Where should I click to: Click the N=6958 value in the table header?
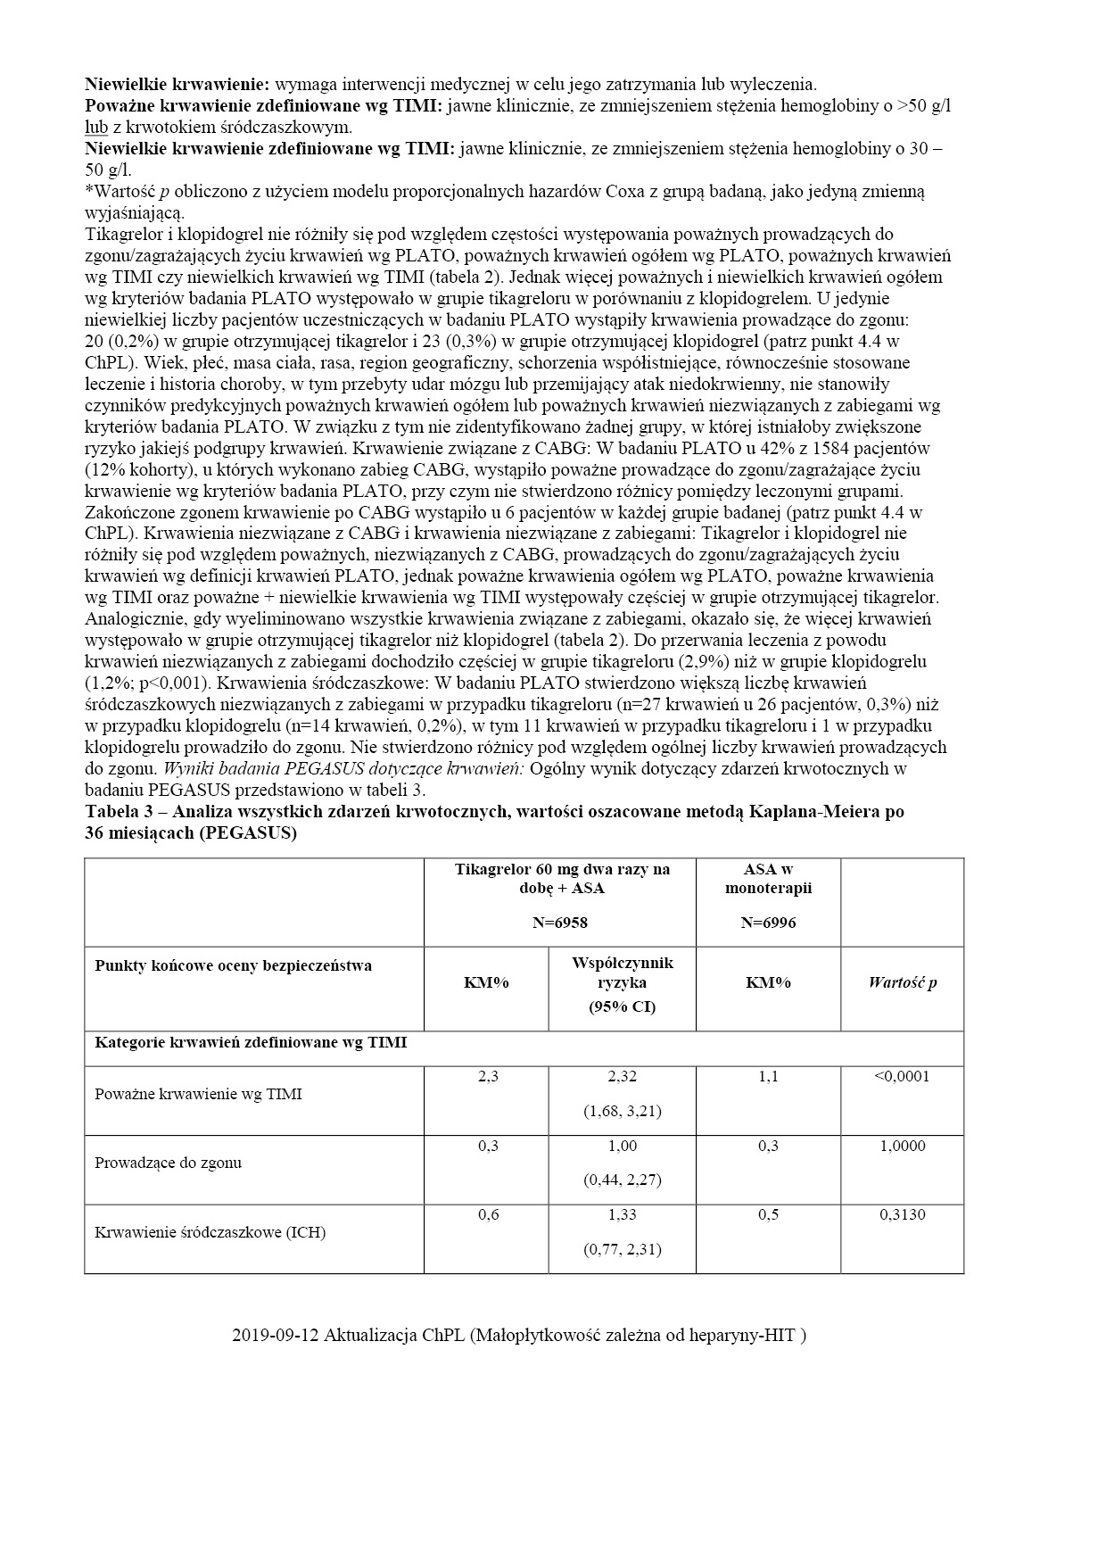560,923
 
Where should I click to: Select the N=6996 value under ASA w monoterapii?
768,923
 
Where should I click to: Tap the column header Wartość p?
903,982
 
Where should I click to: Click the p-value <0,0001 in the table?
903,1076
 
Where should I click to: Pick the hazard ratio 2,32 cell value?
623,1077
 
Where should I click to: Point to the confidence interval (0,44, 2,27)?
623,1180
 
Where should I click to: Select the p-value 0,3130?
903,1214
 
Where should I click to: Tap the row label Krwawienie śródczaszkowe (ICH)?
210,1232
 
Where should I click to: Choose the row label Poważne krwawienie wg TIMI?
198,1094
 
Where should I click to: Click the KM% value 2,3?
488,1077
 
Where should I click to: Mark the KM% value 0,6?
488,1214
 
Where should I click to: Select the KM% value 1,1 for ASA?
768,1077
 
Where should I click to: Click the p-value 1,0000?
903,1146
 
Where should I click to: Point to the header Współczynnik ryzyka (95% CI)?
623,983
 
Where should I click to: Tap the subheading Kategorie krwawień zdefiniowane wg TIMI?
251,1042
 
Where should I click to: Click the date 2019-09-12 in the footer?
275,1336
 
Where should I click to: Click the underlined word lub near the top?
96,128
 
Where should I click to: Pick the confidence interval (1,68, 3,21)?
623,1111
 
